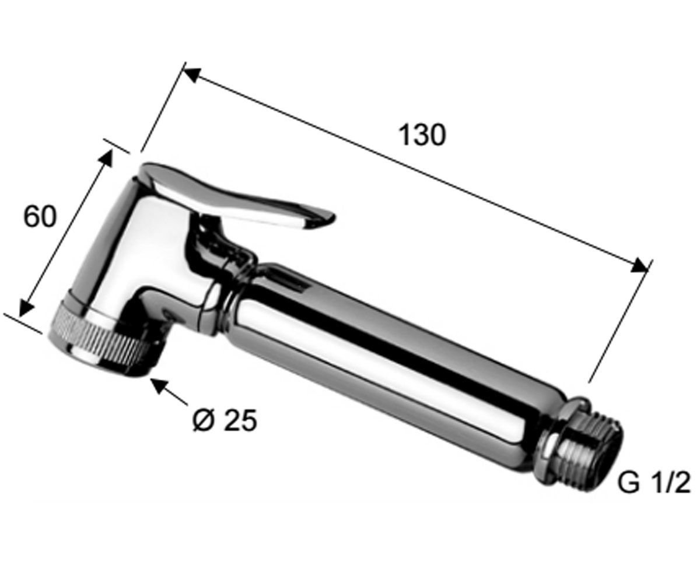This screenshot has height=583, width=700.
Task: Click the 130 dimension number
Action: [x=422, y=135]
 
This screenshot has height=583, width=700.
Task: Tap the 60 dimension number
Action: [x=40, y=216]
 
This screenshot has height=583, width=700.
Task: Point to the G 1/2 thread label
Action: [x=654, y=483]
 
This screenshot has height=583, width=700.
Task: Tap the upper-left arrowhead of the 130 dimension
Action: [x=192, y=75]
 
